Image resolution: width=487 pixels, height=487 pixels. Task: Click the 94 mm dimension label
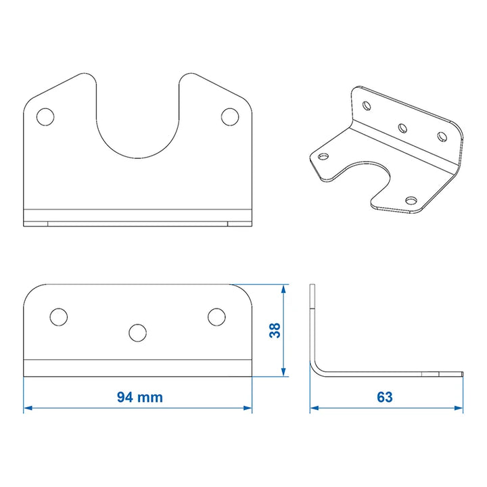point(140,397)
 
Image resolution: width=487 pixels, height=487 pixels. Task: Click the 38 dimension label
point(275,330)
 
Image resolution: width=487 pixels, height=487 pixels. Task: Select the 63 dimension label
point(385,397)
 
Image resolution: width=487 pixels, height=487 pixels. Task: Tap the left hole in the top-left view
point(45,117)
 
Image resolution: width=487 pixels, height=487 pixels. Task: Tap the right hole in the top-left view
point(230,117)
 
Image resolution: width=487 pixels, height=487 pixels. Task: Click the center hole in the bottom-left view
point(137,333)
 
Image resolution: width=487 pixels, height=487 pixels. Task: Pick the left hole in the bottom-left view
point(59,317)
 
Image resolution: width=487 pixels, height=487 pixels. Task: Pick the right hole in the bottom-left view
point(216,317)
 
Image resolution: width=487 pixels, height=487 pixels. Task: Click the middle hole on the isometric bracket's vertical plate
point(402,128)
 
